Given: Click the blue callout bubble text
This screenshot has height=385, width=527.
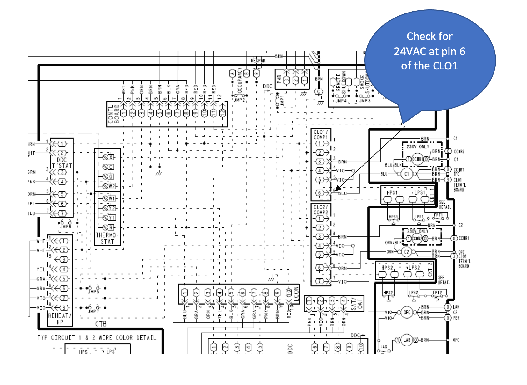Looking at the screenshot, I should [x=429, y=51].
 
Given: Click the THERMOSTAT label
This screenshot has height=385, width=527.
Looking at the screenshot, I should [x=107, y=238].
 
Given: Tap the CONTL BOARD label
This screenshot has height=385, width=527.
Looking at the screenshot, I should [x=114, y=114].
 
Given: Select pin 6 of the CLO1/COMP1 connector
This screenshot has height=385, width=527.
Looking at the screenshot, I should [x=319, y=193].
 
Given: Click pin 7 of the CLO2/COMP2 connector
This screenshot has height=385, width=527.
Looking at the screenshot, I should [x=319, y=281].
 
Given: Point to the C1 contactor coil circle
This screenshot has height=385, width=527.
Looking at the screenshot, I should [x=406, y=174].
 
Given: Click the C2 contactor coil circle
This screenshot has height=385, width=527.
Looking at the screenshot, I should [x=406, y=252].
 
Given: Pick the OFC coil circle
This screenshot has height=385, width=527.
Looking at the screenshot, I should [x=407, y=312].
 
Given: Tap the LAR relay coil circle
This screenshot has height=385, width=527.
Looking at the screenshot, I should [x=406, y=340].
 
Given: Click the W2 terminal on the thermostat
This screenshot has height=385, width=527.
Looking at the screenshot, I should [x=112, y=186].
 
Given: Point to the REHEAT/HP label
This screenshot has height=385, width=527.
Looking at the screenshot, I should [x=60, y=319].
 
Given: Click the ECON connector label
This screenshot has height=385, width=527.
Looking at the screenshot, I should [x=296, y=294].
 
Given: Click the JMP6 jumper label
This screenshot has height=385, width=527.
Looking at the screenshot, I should [x=66, y=226].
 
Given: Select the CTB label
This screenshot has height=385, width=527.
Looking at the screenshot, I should [x=101, y=324].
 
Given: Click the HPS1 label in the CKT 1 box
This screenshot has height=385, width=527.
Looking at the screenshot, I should [x=392, y=192].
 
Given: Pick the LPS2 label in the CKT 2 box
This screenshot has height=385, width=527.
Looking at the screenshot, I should [x=414, y=268].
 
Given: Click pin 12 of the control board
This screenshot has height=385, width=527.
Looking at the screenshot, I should [x=223, y=113].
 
